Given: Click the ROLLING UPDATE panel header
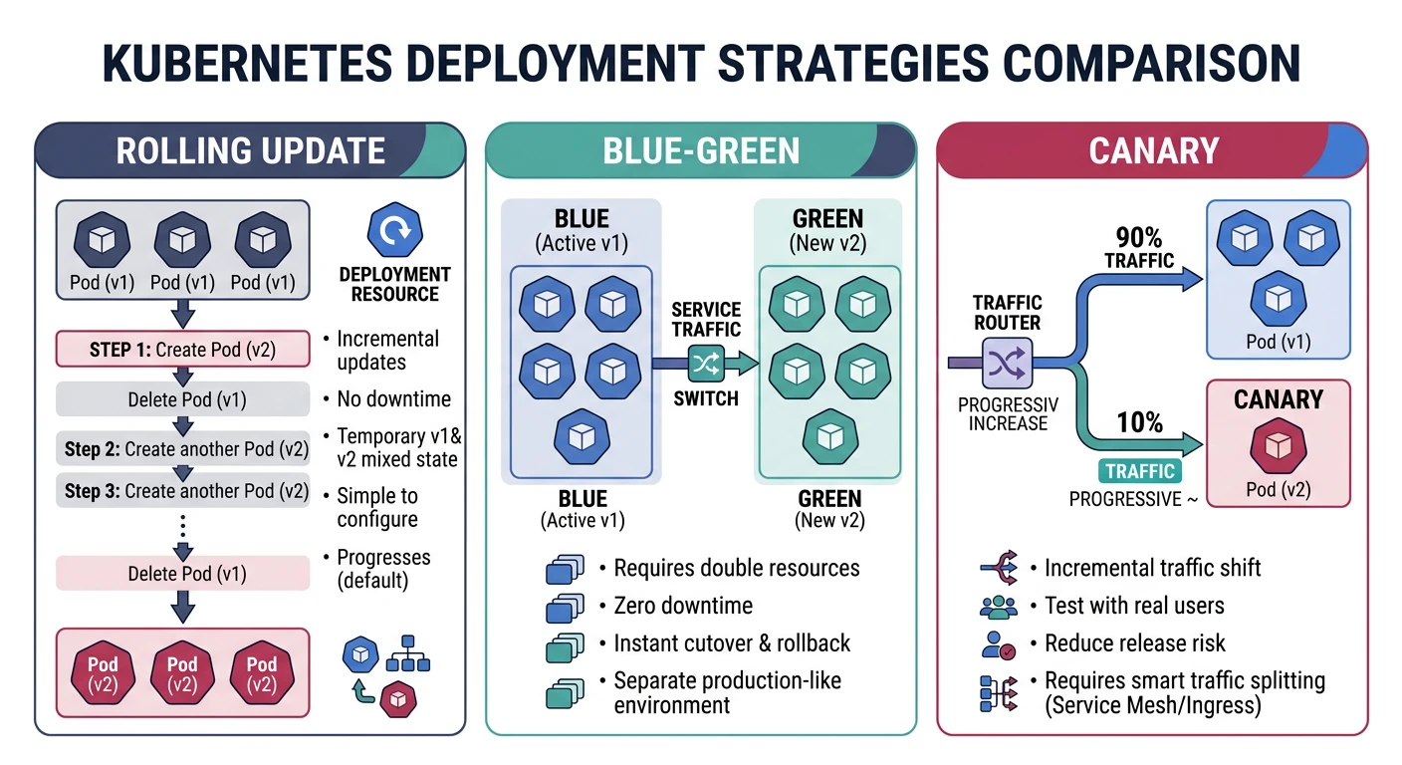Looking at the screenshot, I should coord(250,150).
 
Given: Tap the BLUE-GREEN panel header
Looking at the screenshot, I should coord(700,150).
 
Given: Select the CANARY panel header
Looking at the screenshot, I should coord(1153,150).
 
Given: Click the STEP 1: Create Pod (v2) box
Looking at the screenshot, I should coord(182,350).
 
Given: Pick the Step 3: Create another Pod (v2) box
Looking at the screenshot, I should coord(182,491).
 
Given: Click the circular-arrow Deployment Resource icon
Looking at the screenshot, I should coord(394,231).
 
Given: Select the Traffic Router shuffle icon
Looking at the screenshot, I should coord(1007,364).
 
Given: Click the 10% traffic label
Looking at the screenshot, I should coord(1139,422).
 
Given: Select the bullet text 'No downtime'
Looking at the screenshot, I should coord(393,399).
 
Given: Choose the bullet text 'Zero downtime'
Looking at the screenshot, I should coord(683,606).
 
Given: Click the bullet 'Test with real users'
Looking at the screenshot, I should coord(1134,606).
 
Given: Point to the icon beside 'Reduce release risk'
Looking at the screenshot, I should coord(998,643).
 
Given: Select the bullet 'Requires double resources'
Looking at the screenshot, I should coord(736,568).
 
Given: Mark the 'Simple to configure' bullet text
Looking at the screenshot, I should coord(377,508).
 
